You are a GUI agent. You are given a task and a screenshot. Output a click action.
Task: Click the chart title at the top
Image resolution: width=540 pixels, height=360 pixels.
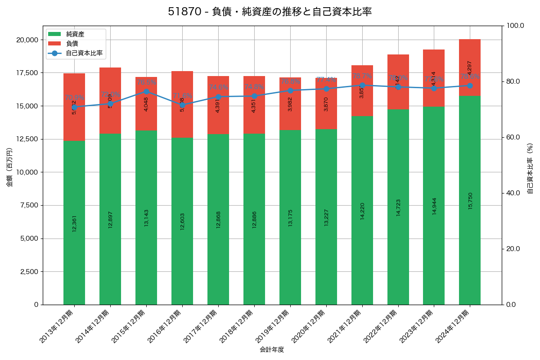tap(270, 12)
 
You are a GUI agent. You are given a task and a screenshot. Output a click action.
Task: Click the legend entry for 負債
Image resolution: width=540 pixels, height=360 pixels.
tap(72, 44)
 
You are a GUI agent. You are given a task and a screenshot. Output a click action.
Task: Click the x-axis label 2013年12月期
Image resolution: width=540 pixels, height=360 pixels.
tap(57, 326)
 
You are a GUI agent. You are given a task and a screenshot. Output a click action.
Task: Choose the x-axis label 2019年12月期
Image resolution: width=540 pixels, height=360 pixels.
tap(273, 326)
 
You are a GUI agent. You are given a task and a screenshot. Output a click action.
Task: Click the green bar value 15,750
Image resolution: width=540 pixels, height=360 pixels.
tap(470, 201)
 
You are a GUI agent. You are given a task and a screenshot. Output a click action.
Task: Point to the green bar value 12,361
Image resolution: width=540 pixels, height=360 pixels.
tap(74, 223)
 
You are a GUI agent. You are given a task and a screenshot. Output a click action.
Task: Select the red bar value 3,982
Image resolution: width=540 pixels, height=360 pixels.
tap(290, 104)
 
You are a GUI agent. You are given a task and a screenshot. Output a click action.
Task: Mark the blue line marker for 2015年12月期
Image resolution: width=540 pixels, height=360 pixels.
tap(146, 91)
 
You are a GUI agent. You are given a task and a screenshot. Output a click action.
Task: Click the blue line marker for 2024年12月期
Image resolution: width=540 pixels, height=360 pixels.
tap(470, 85)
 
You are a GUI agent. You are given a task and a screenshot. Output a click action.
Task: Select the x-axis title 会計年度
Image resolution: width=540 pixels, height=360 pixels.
tap(272, 350)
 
